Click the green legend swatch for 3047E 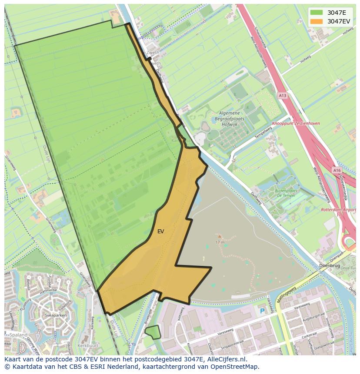pyautogui.click(x=317, y=13)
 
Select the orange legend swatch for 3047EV pyautogui.click(x=317, y=21)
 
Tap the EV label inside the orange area pyautogui.click(x=160, y=232)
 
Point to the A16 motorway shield pyautogui.click(x=337, y=171)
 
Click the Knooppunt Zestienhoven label pyautogui.click(x=296, y=123)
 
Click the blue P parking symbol pyautogui.click(x=262, y=311)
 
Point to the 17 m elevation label pyautogui.click(x=220, y=242)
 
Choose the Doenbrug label pyautogui.click(x=329, y=265)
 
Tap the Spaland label pyautogui.click(x=16, y=335)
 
